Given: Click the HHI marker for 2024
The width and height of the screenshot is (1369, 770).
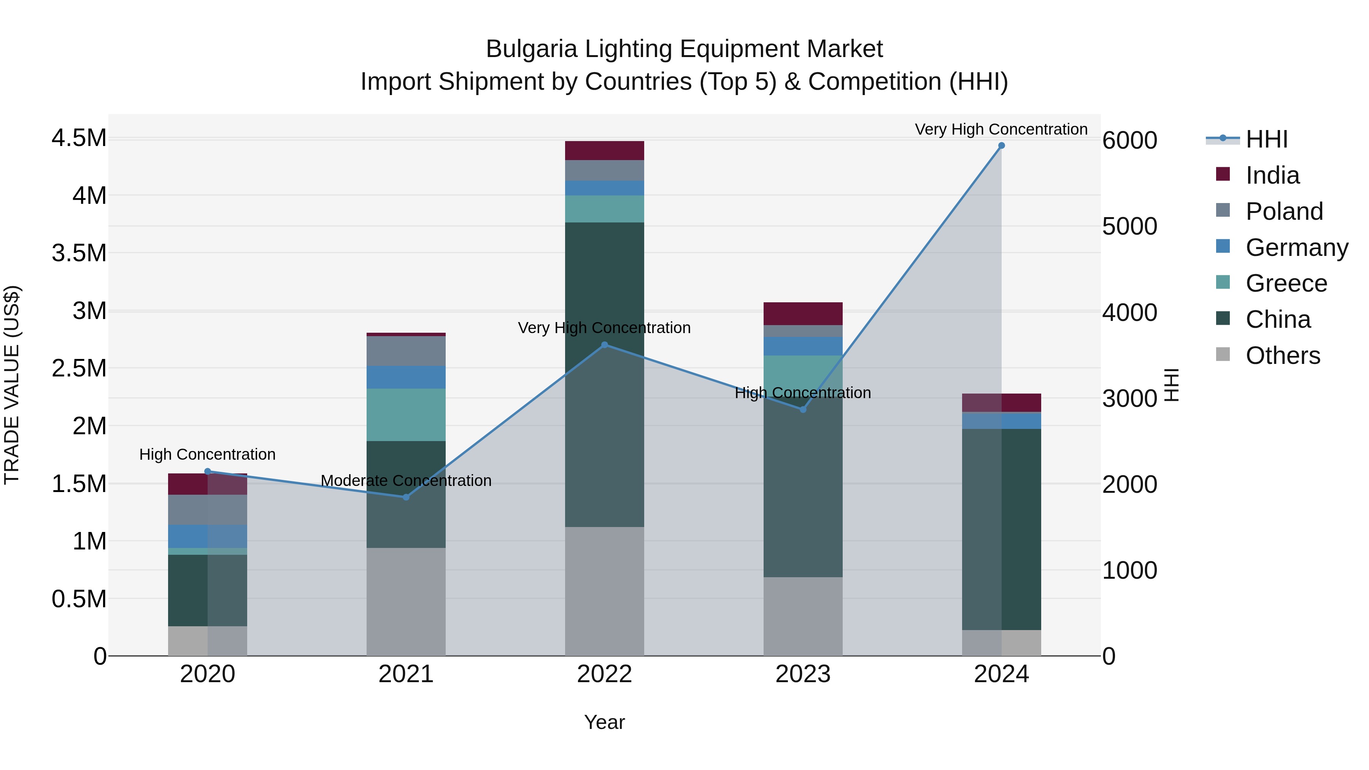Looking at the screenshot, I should pyautogui.click(x=1001, y=146).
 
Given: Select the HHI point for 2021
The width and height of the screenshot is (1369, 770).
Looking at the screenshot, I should pyautogui.click(x=406, y=497).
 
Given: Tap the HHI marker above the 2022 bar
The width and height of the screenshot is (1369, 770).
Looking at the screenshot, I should pyautogui.click(x=604, y=345).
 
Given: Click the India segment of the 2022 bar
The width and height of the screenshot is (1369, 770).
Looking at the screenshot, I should pyautogui.click(x=604, y=150).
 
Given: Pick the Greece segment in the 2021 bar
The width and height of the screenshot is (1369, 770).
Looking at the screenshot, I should pyautogui.click(x=406, y=414).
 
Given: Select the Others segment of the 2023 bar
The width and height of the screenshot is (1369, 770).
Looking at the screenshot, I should pyautogui.click(x=802, y=616).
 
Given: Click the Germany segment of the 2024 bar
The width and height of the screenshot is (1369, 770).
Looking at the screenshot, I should pyautogui.click(x=1001, y=420).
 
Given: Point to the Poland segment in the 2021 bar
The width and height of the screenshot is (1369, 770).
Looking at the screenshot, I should pyautogui.click(x=406, y=351).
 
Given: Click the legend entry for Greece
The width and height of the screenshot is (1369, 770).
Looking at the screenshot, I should pyautogui.click(x=1286, y=283).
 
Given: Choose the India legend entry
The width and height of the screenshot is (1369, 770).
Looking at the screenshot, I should pyautogui.click(x=1272, y=175).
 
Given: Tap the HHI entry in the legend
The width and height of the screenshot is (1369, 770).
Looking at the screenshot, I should pyautogui.click(x=1266, y=139).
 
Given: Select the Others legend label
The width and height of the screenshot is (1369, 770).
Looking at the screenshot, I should pyautogui.click(x=1282, y=356).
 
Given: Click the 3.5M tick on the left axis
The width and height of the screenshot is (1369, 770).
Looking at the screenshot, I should pyautogui.click(x=79, y=253).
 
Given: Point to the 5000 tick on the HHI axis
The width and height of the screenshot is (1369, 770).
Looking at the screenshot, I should pyautogui.click(x=1129, y=226).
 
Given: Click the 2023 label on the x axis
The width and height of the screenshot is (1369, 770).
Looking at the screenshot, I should pyautogui.click(x=802, y=674).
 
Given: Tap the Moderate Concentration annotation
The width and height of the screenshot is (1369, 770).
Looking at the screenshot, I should pyautogui.click(x=406, y=480).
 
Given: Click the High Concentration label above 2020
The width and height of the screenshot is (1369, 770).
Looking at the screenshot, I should pyautogui.click(x=207, y=454).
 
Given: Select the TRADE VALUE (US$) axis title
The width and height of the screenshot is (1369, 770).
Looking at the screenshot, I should pyautogui.click(x=12, y=385).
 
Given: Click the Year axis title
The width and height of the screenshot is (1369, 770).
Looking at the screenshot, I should pyautogui.click(x=604, y=722).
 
